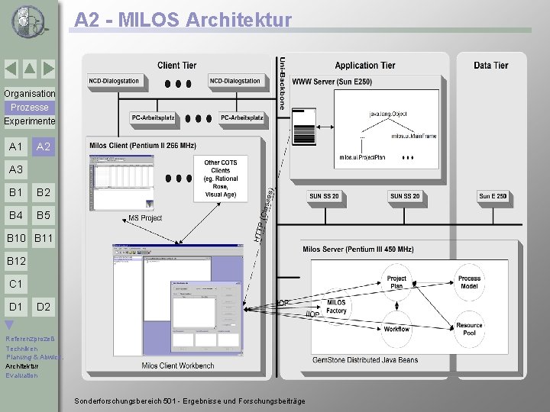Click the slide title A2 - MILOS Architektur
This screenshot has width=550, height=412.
click(183, 20)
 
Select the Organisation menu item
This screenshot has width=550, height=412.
click(29, 93)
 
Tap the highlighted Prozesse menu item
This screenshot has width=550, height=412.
click(29, 108)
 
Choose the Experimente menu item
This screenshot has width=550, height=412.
click(29, 121)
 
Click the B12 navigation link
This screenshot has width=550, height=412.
click(16, 262)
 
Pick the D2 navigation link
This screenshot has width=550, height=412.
click(44, 307)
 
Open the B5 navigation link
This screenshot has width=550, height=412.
click(44, 215)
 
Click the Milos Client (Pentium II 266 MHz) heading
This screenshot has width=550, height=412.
click(143, 145)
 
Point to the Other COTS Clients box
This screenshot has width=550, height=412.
click(221, 179)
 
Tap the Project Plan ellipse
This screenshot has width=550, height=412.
click(396, 282)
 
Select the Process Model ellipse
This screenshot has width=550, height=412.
click(469, 282)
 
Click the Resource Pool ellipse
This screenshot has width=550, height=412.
click(469, 329)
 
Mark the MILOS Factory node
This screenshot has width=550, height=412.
click(336, 307)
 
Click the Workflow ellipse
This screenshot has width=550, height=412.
click(396, 329)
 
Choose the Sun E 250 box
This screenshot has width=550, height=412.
click(493, 196)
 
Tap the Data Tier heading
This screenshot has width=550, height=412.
click(490, 66)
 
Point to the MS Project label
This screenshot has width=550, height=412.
click(145, 218)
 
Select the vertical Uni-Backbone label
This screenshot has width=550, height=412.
click(282, 83)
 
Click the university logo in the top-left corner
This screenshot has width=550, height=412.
click(29, 21)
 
